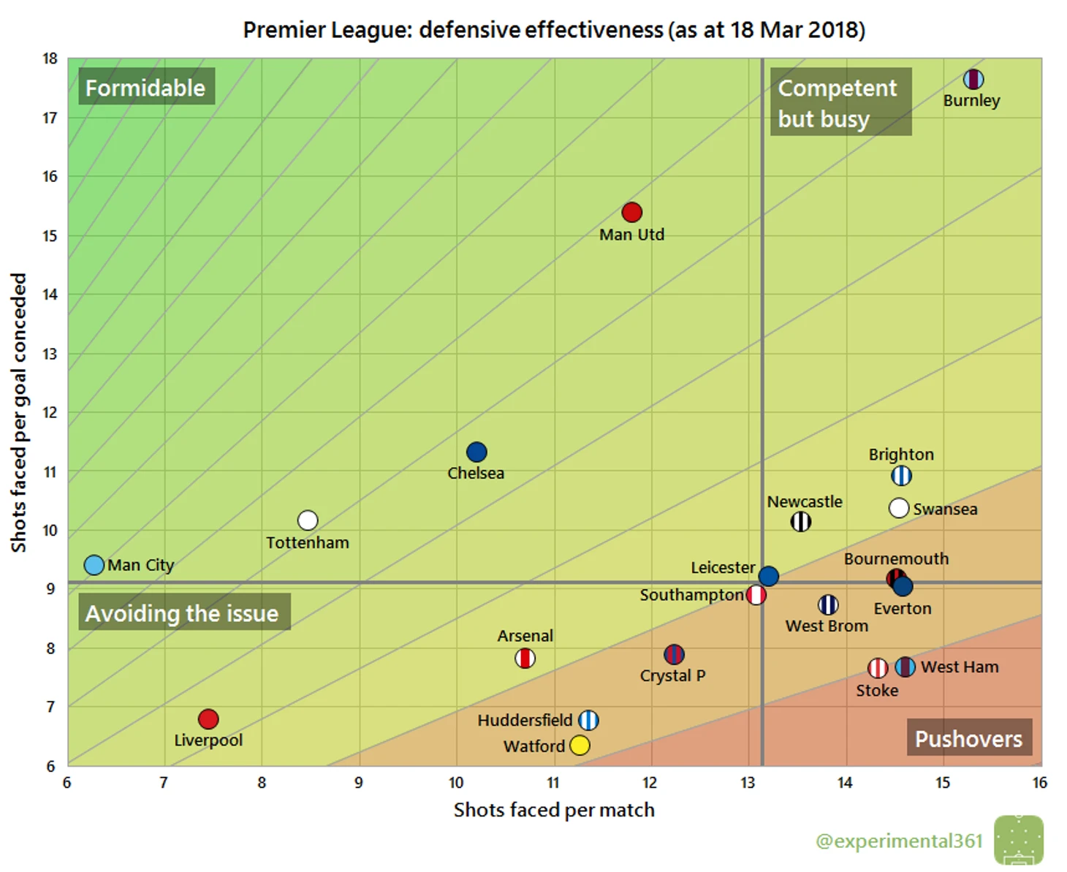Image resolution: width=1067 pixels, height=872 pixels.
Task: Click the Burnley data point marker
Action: [973, 79]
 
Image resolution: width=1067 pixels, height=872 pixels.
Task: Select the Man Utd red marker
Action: [631, 213]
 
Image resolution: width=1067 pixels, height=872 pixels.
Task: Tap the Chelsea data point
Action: [476, 452]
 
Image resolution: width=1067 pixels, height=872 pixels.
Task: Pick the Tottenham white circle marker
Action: [308, 520]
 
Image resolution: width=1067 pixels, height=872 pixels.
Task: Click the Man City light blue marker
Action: [94, 565]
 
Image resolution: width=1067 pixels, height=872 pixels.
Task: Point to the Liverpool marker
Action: [208, 719]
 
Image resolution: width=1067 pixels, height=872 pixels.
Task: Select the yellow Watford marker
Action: [580, 746]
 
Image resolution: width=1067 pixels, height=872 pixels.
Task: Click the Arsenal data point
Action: [525, 659]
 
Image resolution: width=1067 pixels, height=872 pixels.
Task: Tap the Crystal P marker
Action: [674, 654]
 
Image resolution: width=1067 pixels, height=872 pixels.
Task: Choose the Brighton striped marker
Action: [901, 476]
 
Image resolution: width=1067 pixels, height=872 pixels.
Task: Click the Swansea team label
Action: [945, 509]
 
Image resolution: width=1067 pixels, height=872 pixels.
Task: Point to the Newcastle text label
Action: [804, 502]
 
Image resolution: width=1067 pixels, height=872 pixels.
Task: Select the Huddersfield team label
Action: [525, 721]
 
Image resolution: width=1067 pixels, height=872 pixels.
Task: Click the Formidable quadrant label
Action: [145, 88]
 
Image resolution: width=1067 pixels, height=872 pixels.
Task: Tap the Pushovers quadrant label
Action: [968, 739]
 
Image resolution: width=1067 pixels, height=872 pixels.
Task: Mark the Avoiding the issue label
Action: [182, 613]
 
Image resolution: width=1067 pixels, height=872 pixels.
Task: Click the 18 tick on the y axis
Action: [50, 58]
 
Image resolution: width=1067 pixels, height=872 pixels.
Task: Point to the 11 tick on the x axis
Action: [553, 783]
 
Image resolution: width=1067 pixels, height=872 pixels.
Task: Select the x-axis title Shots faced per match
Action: [554, 810]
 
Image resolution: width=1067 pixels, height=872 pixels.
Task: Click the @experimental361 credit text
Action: [899, 841]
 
